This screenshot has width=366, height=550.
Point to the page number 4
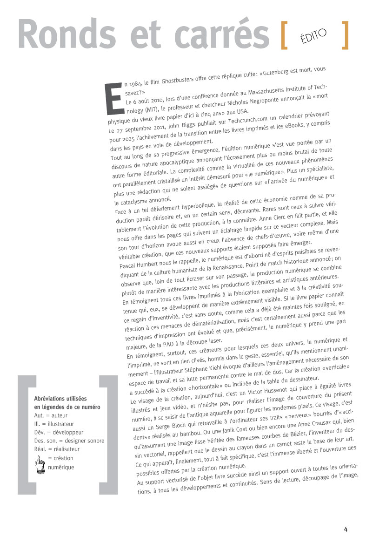point(346,529)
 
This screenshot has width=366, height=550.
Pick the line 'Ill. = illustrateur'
point(54,424)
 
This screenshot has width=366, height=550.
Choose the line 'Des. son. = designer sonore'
point(65,441)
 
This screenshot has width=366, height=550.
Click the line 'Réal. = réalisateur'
point(57,449)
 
